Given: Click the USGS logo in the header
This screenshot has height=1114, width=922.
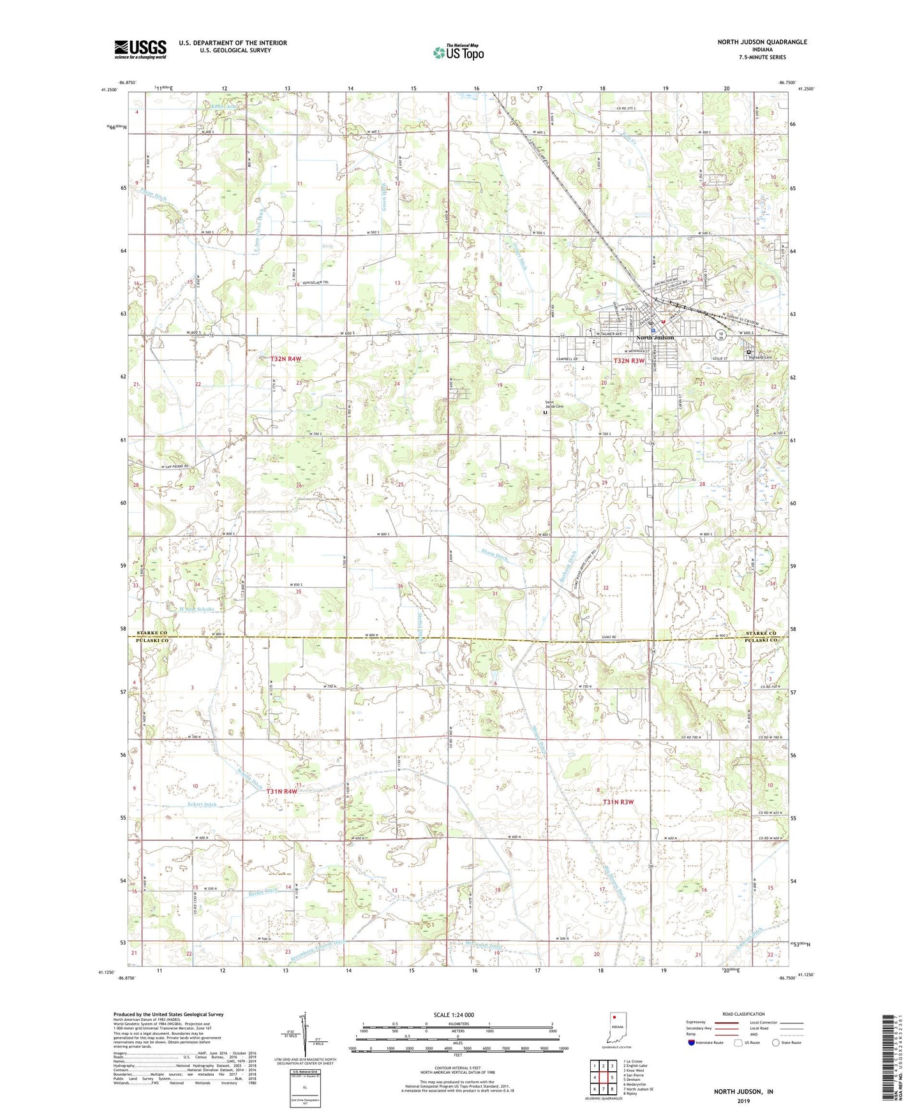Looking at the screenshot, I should coord(140,49).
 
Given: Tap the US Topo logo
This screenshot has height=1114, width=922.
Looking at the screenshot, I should coord(457,52).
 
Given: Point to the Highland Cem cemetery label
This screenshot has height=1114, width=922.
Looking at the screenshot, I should coord(760,357).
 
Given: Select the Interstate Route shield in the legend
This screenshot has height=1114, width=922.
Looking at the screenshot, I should coord(691,1043).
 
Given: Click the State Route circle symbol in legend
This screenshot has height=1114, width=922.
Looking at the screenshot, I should coord(776,1043).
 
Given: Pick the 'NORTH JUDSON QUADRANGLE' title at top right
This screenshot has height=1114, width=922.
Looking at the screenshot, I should coord(762,42).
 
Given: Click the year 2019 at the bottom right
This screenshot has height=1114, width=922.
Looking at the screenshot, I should coord(743,1101).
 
